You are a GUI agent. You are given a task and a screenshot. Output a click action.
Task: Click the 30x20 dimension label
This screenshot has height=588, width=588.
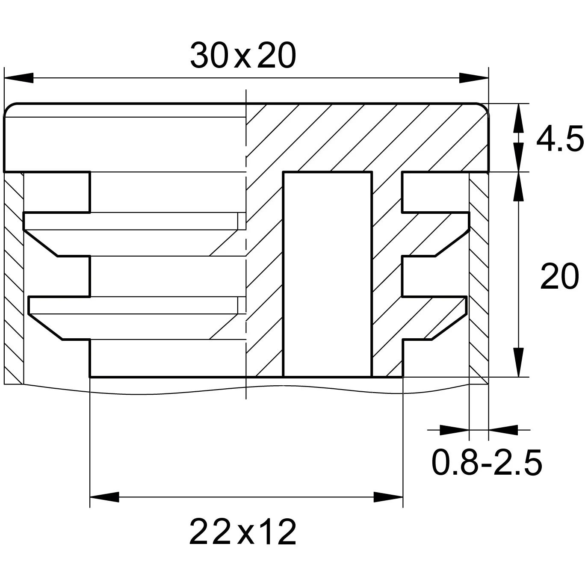[243, 56]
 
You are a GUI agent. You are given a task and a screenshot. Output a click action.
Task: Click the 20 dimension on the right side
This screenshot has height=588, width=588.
[559, 276]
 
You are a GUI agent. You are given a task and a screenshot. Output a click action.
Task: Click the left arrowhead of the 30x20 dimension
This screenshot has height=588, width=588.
[19, 78]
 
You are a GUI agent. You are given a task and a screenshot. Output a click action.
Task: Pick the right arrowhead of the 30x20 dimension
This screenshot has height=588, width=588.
[474, 78]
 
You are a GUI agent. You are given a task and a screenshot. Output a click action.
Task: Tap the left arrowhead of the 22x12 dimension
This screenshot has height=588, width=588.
[104, 497]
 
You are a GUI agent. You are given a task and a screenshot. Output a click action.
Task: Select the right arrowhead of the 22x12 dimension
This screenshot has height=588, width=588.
[388, 497]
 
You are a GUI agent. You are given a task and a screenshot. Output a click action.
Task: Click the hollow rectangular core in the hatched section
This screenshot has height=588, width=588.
[328, 274]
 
